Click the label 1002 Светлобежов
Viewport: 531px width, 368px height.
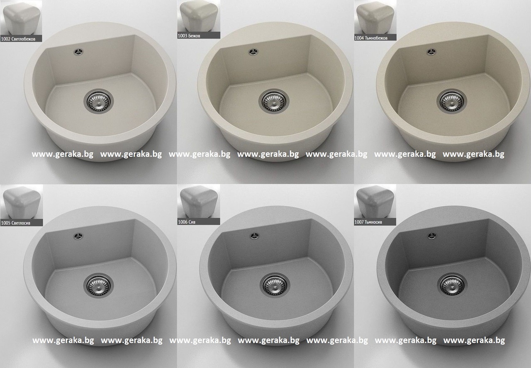pyautogui.click(x=18, y=39)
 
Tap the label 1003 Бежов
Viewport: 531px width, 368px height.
pyautogui.click(x=189, y=36)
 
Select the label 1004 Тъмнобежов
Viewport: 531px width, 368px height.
pyautogui.click(x=371, y=38)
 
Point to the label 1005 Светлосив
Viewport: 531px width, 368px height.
pyautogui.click(x=16, y=223)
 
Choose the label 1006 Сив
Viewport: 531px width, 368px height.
pyautogui.click(x=187, y=222)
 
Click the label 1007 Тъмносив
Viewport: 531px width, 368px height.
pyautogui.click(x=368, y=222)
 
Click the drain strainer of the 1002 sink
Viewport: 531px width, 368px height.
pyautogui.click(x=98, y=101)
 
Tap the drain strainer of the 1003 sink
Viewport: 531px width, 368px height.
pyautogui.click(x=274, y=101)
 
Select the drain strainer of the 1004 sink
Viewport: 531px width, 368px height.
pyautogui.click(x=452, y=101)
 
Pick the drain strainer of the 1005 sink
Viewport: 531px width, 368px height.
pyautogui.click(x=98, y=285)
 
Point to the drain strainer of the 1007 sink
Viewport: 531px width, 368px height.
pyautogui.click(x=452, y=285)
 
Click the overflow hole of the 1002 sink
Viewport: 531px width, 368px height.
pyautogui.click(x=78, y=52)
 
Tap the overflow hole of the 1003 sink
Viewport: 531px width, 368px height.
pyautogui.click(x=253, y=52)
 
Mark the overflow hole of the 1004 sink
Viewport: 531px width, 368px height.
pyautogui.click(x=431, y=52)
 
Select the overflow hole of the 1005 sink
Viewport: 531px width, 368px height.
pyautogui.click(x=78, y=236)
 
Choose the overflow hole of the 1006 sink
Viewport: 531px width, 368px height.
pyautogui.click(x=254, y=236)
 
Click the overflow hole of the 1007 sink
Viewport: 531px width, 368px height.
pyautogui.click(x=432, y=236)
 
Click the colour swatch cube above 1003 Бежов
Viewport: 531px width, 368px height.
pyautogui.click(x=199, y=17)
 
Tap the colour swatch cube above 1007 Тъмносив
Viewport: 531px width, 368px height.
pyautogui.click(x=375, y=202)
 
